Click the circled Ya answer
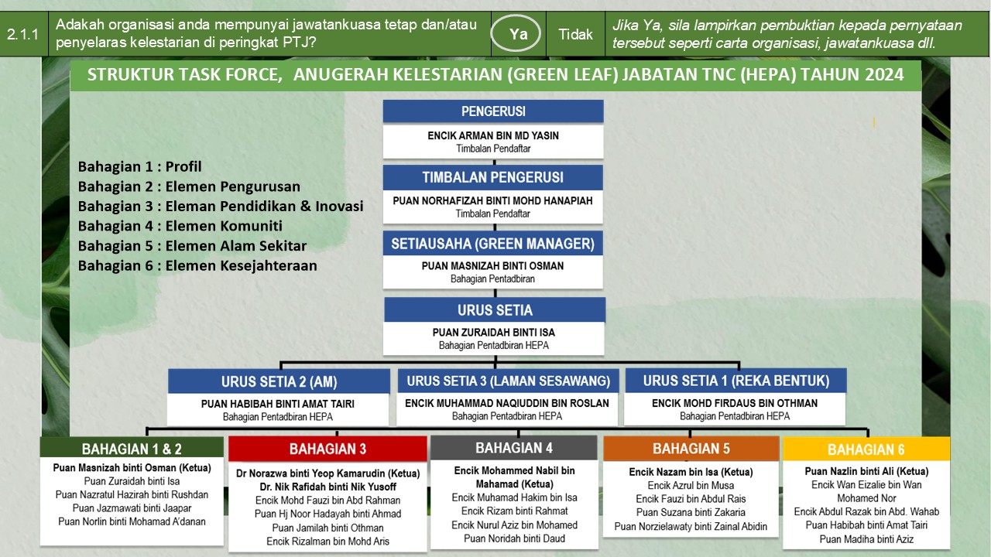(516, 33)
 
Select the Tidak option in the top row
(575, 34)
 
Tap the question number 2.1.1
(22, 34)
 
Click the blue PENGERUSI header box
(493, 111)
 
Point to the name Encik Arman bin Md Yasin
(493, 135)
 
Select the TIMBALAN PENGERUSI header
(493, 177)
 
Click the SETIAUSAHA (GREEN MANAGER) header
(493, 244)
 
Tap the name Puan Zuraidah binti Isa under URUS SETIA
(494, 333)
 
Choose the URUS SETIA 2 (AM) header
(279, 381)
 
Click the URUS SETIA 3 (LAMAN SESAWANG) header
(509, 381)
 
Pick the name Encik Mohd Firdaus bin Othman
(735, 403)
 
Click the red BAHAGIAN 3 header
(327, 449)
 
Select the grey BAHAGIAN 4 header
(514, 448)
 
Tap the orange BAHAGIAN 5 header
(691, 449)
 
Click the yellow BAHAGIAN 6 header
(866, 449)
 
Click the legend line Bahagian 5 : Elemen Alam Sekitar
(193, 246)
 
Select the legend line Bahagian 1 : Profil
(140, 166)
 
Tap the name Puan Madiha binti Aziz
(866, 539)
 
